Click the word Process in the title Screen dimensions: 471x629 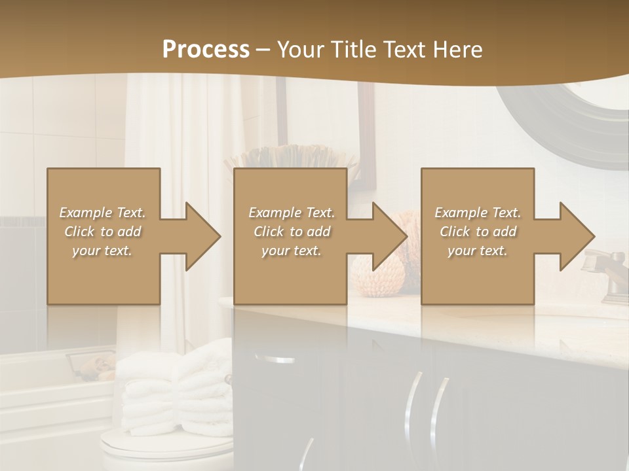coord(206,49)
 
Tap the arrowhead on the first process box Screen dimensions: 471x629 coord(202,236)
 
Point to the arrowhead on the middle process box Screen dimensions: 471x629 coord(389,236)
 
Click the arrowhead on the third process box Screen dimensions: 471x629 coord(577,236)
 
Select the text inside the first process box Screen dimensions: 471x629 coord(102,232)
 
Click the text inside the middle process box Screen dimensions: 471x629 coord(292,232)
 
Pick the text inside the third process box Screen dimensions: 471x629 coord(478,232)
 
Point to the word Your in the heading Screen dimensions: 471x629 coord(299,49)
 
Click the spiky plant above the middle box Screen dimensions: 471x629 coord(288,157)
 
